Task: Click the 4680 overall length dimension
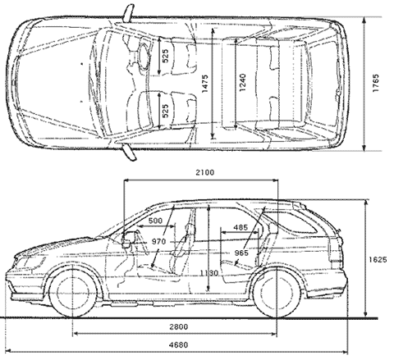coord(178,344)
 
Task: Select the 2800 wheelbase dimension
coord(178,326)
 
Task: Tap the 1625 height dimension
coord(378,259)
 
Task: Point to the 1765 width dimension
coord(376,83)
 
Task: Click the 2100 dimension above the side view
coord(204,172)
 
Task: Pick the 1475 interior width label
coord(205,84)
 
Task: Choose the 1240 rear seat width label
coord(242,83)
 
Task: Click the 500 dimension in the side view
coord(155,221)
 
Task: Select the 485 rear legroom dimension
coord(241,227)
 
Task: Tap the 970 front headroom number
coord(158,242)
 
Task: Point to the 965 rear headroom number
coord(241,253)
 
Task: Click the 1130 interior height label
coord(209,273)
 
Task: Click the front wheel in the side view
coord(73,293)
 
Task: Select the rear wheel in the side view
coord(277,293)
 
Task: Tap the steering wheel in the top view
coord(144,56)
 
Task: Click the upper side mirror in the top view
coord(129,13)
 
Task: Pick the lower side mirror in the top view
coord(129,153)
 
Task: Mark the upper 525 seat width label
coord(166,56)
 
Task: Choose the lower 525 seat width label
coord(166,111)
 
